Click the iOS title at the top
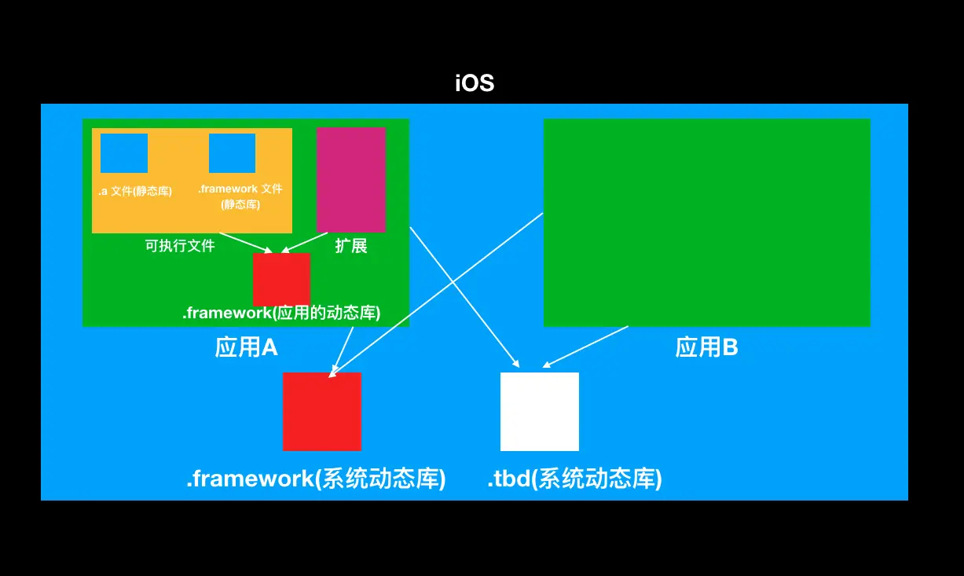point(475,83)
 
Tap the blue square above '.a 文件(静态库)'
point(124,152)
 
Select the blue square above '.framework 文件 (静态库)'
point(232,152)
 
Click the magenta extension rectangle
point(350,180)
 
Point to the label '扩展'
point(351,246)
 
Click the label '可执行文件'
point(180,246)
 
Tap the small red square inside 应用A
point(281,280)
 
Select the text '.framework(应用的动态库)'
point(281,313)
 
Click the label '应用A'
point(246,347)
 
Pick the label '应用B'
point(706,347)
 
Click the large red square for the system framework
point(322,412)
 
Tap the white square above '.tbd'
point(540,412)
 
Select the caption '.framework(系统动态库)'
point(316,479)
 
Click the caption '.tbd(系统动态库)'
point(574,479)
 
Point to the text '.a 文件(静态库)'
point(135,191)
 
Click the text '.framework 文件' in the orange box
point(240,189)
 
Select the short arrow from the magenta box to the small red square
point(304,242)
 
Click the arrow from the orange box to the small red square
point(246,242)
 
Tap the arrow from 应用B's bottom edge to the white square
point(585,347)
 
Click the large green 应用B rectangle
point(707,222)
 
